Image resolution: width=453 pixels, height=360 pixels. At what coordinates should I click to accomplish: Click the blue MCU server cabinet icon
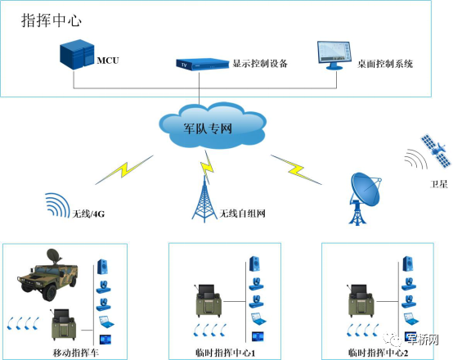(x=77, y=55)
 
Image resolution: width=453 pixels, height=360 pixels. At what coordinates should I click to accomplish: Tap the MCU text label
(x=108, y=61)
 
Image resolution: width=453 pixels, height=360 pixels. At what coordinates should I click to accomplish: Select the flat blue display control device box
(x=203, y=64)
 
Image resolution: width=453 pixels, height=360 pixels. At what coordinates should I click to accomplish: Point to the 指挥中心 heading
(x=52, y=20)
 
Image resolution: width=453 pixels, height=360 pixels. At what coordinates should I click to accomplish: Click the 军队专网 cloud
(x=213, y=125)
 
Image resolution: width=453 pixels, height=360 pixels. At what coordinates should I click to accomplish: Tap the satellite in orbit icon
(x=436, y=151)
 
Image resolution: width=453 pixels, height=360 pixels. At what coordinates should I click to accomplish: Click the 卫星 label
(x=438, y=184)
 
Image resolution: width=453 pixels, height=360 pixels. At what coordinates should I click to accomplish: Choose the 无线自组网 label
(x=242, y=214)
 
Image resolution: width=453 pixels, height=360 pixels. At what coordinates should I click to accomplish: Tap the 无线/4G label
(x=88, y=214)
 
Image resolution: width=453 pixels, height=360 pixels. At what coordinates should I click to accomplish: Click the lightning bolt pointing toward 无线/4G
(x=124, y=169)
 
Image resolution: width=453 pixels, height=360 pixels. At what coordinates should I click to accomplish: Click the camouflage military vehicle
(x=48, y=278)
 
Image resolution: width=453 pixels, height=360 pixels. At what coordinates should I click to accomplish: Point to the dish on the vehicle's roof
(x=54, y=255)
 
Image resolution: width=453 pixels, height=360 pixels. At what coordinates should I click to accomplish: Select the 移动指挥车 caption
(x=76, y=353)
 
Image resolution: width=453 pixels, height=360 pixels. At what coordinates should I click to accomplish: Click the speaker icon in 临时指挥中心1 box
(x=254, y=263)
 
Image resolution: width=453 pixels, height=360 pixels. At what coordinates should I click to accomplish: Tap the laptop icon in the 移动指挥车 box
(x=105, y=322)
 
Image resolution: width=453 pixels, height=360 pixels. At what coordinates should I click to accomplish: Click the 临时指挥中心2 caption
(x=378, y=353)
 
